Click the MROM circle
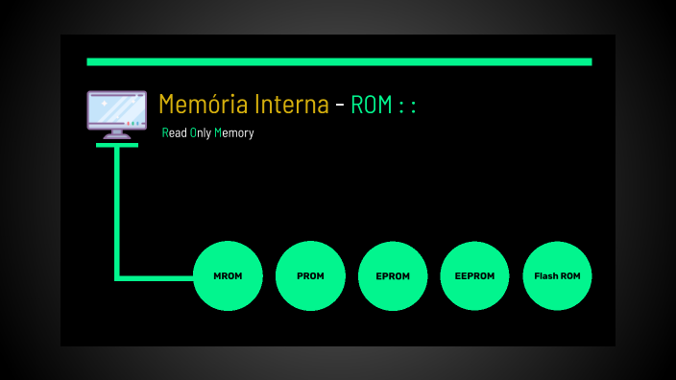pyautogui.click(x=228, y=276)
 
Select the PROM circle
pyautogui.click(x=310, y=276)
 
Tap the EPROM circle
pyautogui.click(x=393, y=276)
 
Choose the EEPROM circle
pyautogui.click(x=474, y=276)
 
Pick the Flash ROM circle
pyautogui.click(x=557, y=276)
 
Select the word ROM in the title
pyautogui.click(x=372, y=105)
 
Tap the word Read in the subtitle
pyautogui.click(x=175, y=133)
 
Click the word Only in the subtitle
pyautogui.click(x=200, y=133)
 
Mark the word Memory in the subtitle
pyautogui.click(x=233, y=133)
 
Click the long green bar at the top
pyautogui.click(x=339, y=61)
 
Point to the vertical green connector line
pyautogui.click(x=117, y=211)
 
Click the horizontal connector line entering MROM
pyautogui.click(x=158, y=278)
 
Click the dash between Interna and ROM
pyautogui.click(x=340, y=106)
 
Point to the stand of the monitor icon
pyautogui.click(x=117, y=133)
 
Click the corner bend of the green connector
pyautogui.click(x=117, y=278)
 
